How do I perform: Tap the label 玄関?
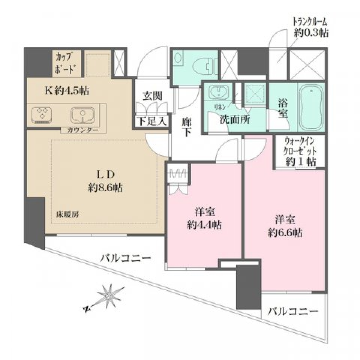point(152,96)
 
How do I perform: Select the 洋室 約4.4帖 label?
point(204,218)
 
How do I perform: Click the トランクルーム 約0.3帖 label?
point(311,27)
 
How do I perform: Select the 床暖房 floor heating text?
point(67,214)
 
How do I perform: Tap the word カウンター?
point(83,130)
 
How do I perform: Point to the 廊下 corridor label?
point(187,127)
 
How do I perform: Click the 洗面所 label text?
point(235,120)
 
